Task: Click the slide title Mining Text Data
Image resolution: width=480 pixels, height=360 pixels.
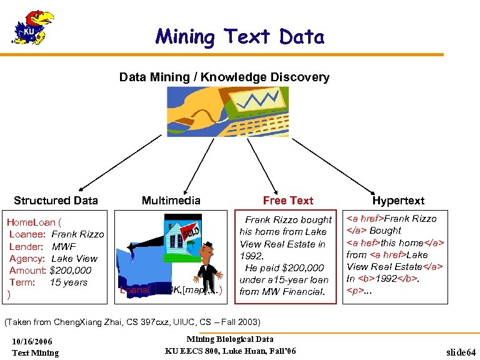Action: click(240, 37)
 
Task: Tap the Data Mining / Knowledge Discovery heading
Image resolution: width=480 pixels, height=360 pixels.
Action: click(224, 77)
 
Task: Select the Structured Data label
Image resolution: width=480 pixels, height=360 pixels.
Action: click(56, 201)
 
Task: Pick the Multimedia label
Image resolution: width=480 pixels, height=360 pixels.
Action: click(171, 201)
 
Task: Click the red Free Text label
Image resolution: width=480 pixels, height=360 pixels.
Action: click(287, 201)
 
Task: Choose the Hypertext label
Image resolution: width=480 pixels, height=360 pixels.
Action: click(398, 201)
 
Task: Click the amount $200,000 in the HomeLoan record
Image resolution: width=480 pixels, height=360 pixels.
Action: click(70, 271)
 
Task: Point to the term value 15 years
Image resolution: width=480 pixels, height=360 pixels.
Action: click(68, 282)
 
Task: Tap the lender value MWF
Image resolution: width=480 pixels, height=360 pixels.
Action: click(64, 247)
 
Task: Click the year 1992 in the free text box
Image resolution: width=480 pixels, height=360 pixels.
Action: click(251, 256)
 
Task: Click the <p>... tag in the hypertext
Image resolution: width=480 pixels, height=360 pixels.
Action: click(358, 291)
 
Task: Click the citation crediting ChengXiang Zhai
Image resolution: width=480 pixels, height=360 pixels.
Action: click(132, 322)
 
